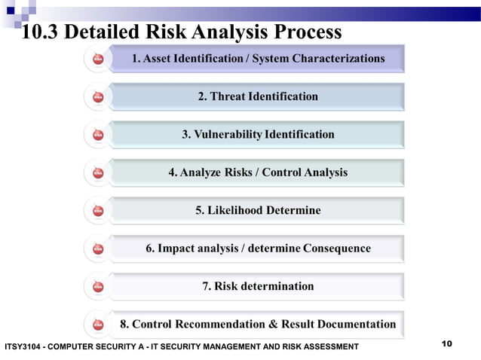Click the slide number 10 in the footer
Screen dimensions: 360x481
coord(446,344)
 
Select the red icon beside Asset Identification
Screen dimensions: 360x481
coord(98,59)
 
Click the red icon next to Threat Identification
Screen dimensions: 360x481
coord(98,96)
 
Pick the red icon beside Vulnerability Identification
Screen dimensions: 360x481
coord(98,135)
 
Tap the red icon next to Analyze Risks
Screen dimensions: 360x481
coord(98,172)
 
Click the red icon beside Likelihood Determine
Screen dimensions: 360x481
coord(98,211)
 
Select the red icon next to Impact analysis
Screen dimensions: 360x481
coord(98,249)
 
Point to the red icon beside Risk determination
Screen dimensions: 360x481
coord(98,287)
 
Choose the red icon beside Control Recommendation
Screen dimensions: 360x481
coord(98,325)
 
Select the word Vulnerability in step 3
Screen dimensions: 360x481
coord(228,134)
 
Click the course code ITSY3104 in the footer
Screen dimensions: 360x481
coord(23,346)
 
